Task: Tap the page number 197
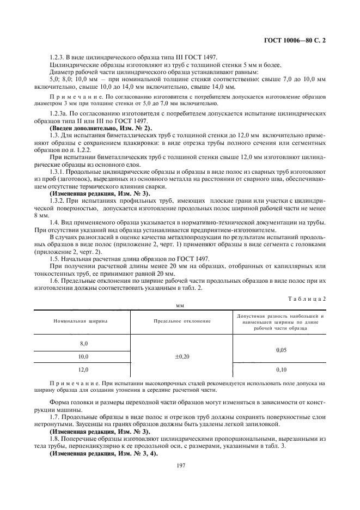click(180, 465)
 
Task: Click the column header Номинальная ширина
click(80, 321)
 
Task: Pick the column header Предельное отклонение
click(182, 321)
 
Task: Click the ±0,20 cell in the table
click(182, 356)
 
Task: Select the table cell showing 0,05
click(281, 350)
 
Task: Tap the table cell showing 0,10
click(281, 370)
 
